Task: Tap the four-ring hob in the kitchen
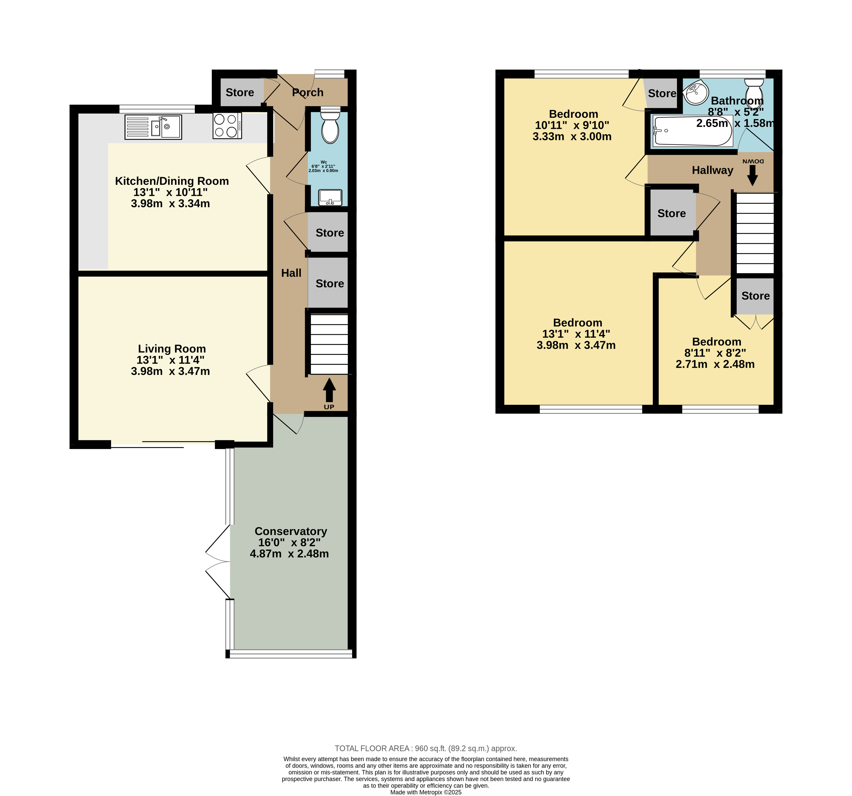coord(227,125)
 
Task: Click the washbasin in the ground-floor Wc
coord(330,197)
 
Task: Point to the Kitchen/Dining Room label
coord(172,181)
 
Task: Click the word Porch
coord(308,92)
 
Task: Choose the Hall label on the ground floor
coord(292,273)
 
